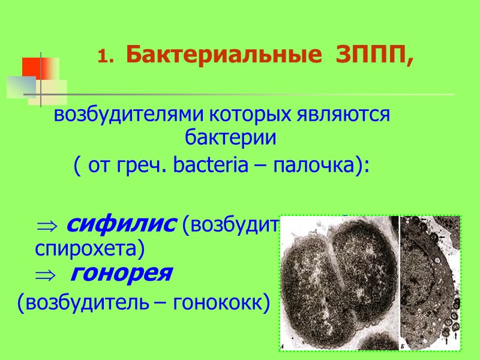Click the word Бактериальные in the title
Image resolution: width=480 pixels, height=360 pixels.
pos(188,56)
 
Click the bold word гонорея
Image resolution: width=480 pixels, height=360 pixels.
pos(121,274)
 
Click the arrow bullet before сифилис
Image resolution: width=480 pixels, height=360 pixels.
pos(46,226)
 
